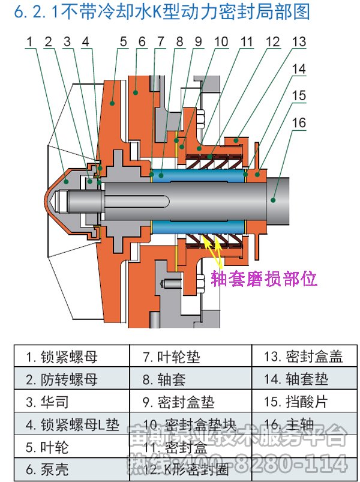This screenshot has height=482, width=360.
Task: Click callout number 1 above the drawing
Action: click(x=30, y=41)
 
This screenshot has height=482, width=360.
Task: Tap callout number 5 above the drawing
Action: click(x=123, y=41)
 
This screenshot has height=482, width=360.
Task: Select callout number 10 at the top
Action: click(x=221, y=41)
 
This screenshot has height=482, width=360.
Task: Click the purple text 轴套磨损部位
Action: click(x=265, y=279)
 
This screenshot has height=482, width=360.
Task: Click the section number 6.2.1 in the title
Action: click(x=27, y=13)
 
